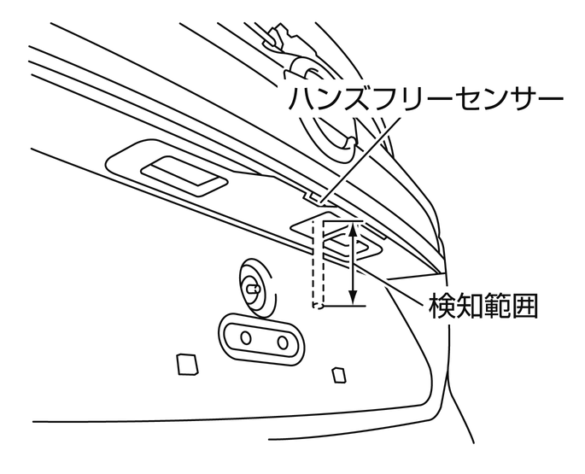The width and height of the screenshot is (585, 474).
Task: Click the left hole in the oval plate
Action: point(246,337)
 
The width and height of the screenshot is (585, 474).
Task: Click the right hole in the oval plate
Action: point(284,342)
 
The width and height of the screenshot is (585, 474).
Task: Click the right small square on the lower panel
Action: point(339,374)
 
